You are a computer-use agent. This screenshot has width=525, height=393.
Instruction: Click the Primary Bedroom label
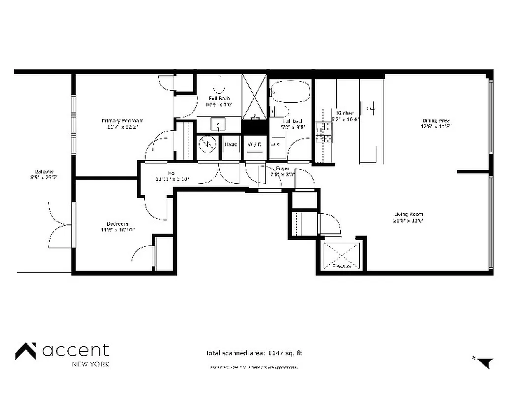(122, 121)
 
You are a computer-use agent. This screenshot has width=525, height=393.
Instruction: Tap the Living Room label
(408, 214)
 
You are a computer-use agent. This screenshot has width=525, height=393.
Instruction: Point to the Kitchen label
(345, 113)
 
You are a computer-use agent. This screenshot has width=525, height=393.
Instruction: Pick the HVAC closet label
(231, 144)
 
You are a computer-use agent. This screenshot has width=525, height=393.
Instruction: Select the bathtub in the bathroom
(290, 91)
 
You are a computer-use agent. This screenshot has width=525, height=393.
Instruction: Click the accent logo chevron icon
(26, 351)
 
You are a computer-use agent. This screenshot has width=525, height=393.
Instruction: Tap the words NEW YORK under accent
(90, 364)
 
